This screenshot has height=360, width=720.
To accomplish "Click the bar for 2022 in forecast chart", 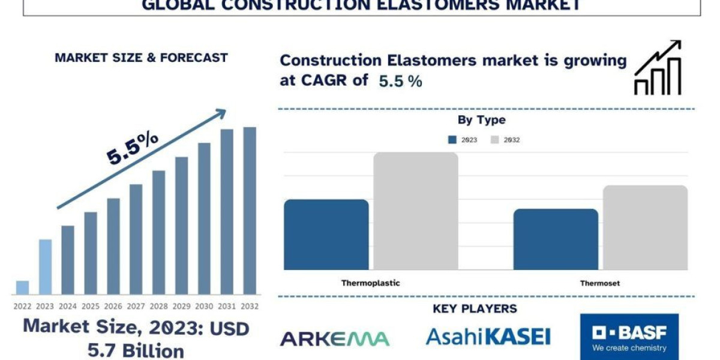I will tap(22, 287).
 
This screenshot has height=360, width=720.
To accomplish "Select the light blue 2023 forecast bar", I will tap(45, 267).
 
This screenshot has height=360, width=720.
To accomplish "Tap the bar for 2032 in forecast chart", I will tap(250, 211).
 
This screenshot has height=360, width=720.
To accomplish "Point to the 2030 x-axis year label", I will tap(204, 305).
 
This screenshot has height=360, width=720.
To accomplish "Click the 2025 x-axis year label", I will tap(91, 305).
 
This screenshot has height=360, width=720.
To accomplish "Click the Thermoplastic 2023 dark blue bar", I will tap(326, 235).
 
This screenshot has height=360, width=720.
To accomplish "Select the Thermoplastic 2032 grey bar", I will tap(416, 211).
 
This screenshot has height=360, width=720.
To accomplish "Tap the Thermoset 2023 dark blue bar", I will tap(556, 239).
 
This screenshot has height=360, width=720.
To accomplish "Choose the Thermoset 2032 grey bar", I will tap(645, 227).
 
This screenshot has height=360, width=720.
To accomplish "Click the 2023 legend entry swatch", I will tap(452, 140).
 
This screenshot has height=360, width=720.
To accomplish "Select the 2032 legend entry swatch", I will tap(495, 140).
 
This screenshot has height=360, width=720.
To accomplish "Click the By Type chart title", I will tap(481, 120).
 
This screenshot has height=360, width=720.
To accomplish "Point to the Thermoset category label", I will tap(600, 283).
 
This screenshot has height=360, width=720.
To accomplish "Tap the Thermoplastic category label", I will tap(371, 283).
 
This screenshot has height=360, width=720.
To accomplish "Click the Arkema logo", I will tap(335, 338).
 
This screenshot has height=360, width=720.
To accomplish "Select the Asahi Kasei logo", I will tap(488, 337).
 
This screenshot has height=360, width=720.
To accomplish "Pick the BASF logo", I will tap(629, 337).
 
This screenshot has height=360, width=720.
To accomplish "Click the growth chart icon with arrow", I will tap(658, 68).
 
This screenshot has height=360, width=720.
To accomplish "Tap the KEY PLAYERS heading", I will tap(475, 309).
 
